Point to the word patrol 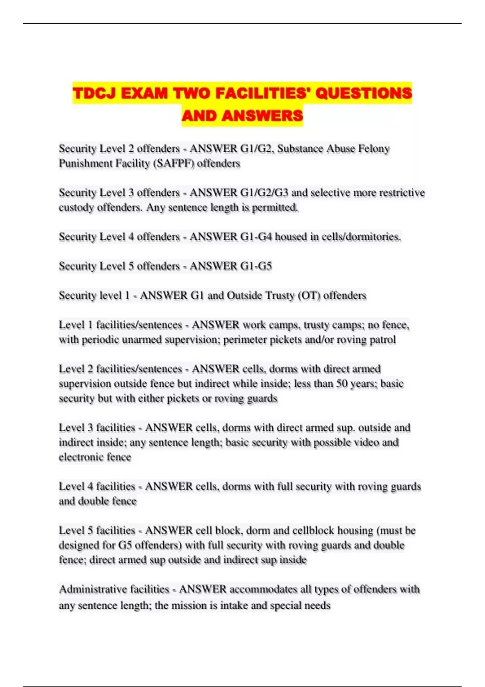click(383, 340)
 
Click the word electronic click(80, 457)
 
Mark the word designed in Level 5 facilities click(80, 546)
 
